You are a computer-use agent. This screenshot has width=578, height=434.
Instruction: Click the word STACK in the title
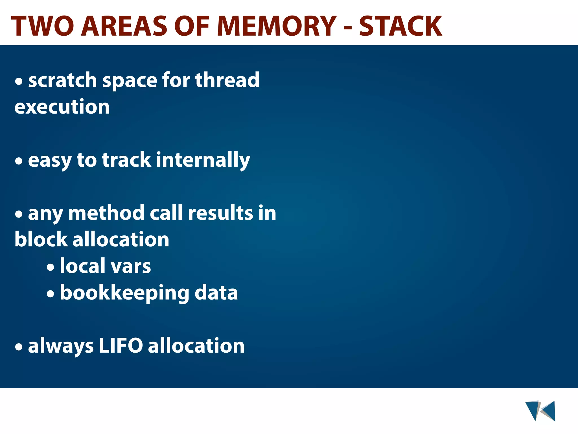pyautogui.click(x=400, y=26)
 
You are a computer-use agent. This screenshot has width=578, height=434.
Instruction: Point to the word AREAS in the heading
pyautogui.click(x=124, y=26)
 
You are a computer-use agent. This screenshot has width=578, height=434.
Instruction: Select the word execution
pyautogui.click(x=62, y=107)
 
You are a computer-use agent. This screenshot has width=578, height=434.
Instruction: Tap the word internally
pyautogui.click(x=203, y=160)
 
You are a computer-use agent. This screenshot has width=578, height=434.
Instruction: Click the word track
pyautogui.click(x=126, y=160)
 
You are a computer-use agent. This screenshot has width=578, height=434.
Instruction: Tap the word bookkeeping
pyautogui.click(x=124, y=293)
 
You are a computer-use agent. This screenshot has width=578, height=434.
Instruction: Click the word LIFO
pyautogui.click(x=121, y=346)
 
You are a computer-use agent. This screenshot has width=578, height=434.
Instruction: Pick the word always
pyautogui.click(x=61, y=346)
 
